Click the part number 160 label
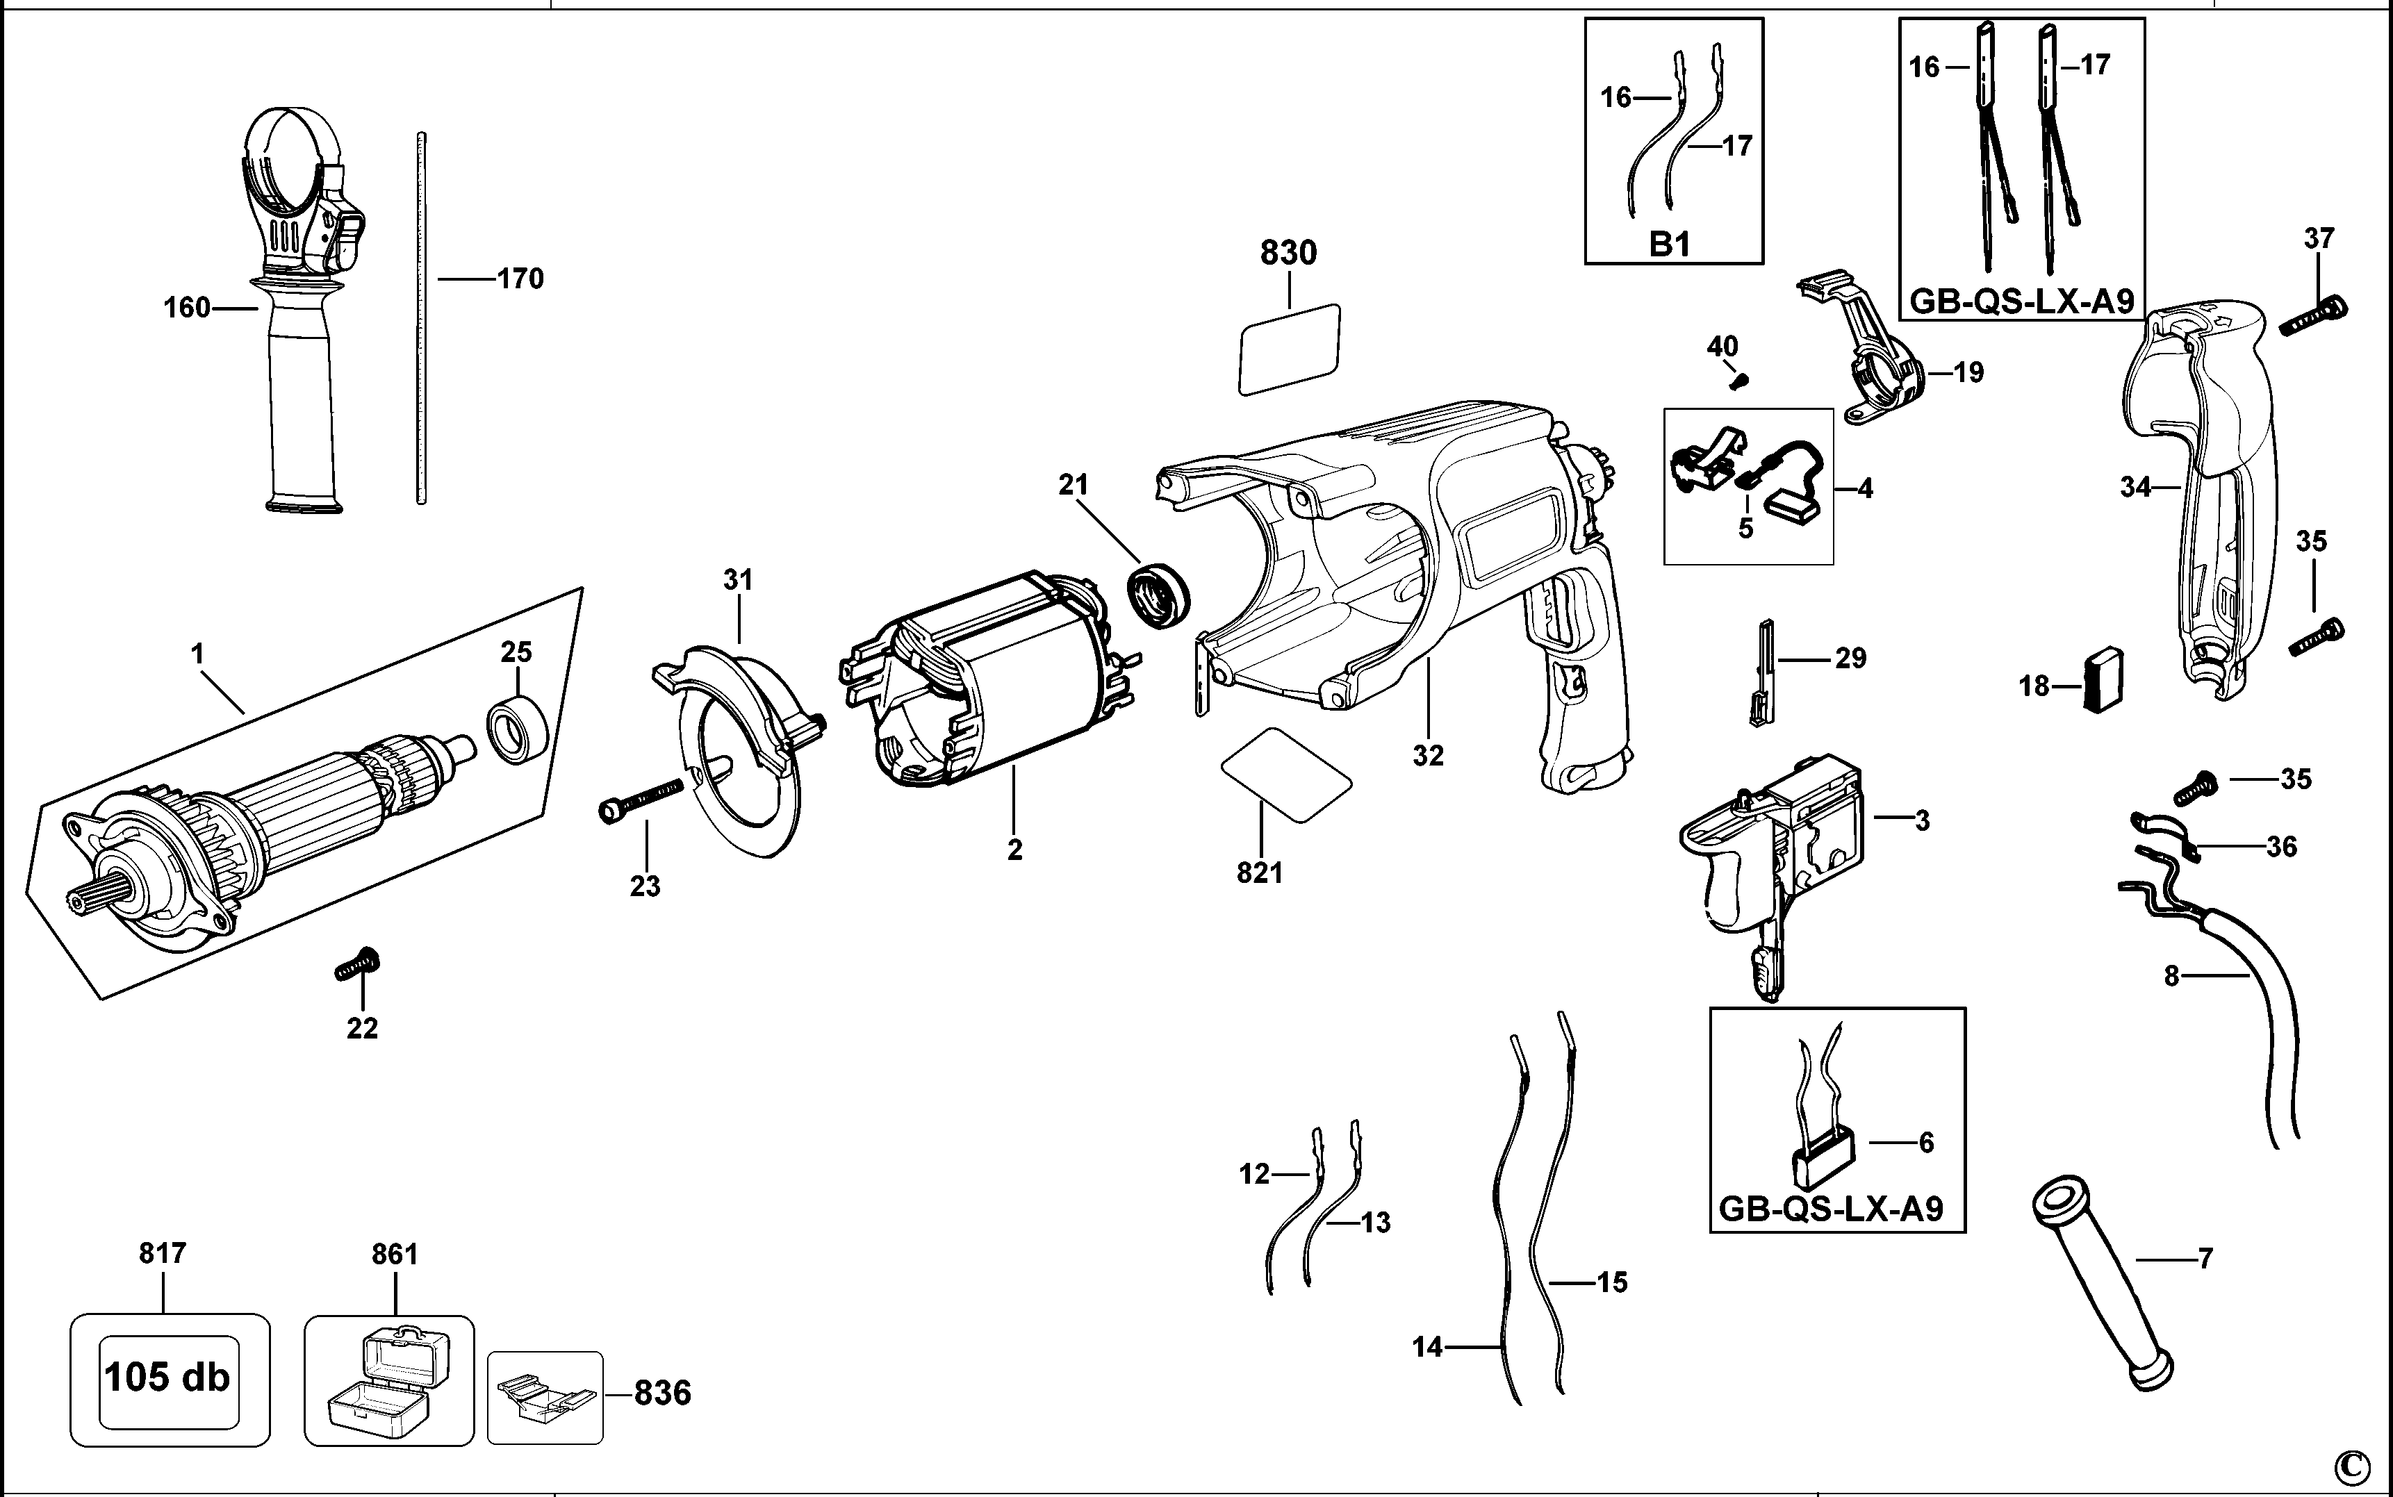click(x=187, y=308)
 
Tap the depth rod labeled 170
click(x=421, y=319)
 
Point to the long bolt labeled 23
click(x=641, y=798)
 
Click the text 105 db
click(x=167, y=1376)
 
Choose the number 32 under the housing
click(x=1428, y=755)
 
